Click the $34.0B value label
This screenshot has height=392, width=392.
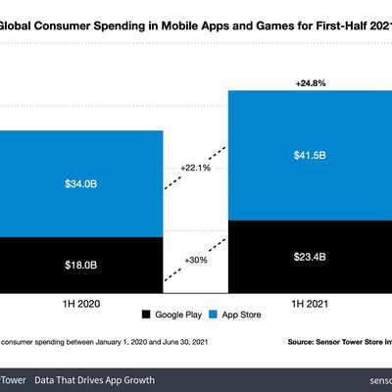80,181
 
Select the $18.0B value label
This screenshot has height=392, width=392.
80,264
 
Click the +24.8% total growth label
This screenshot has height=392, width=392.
310,82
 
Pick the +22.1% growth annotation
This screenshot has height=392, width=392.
195,169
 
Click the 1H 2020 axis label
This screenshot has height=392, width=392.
80,305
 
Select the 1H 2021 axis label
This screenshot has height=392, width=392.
310,305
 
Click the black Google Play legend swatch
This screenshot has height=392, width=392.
147,316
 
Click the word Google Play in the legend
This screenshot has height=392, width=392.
178,316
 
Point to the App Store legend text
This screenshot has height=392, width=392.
243,316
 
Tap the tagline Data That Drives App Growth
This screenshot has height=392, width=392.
94,378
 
